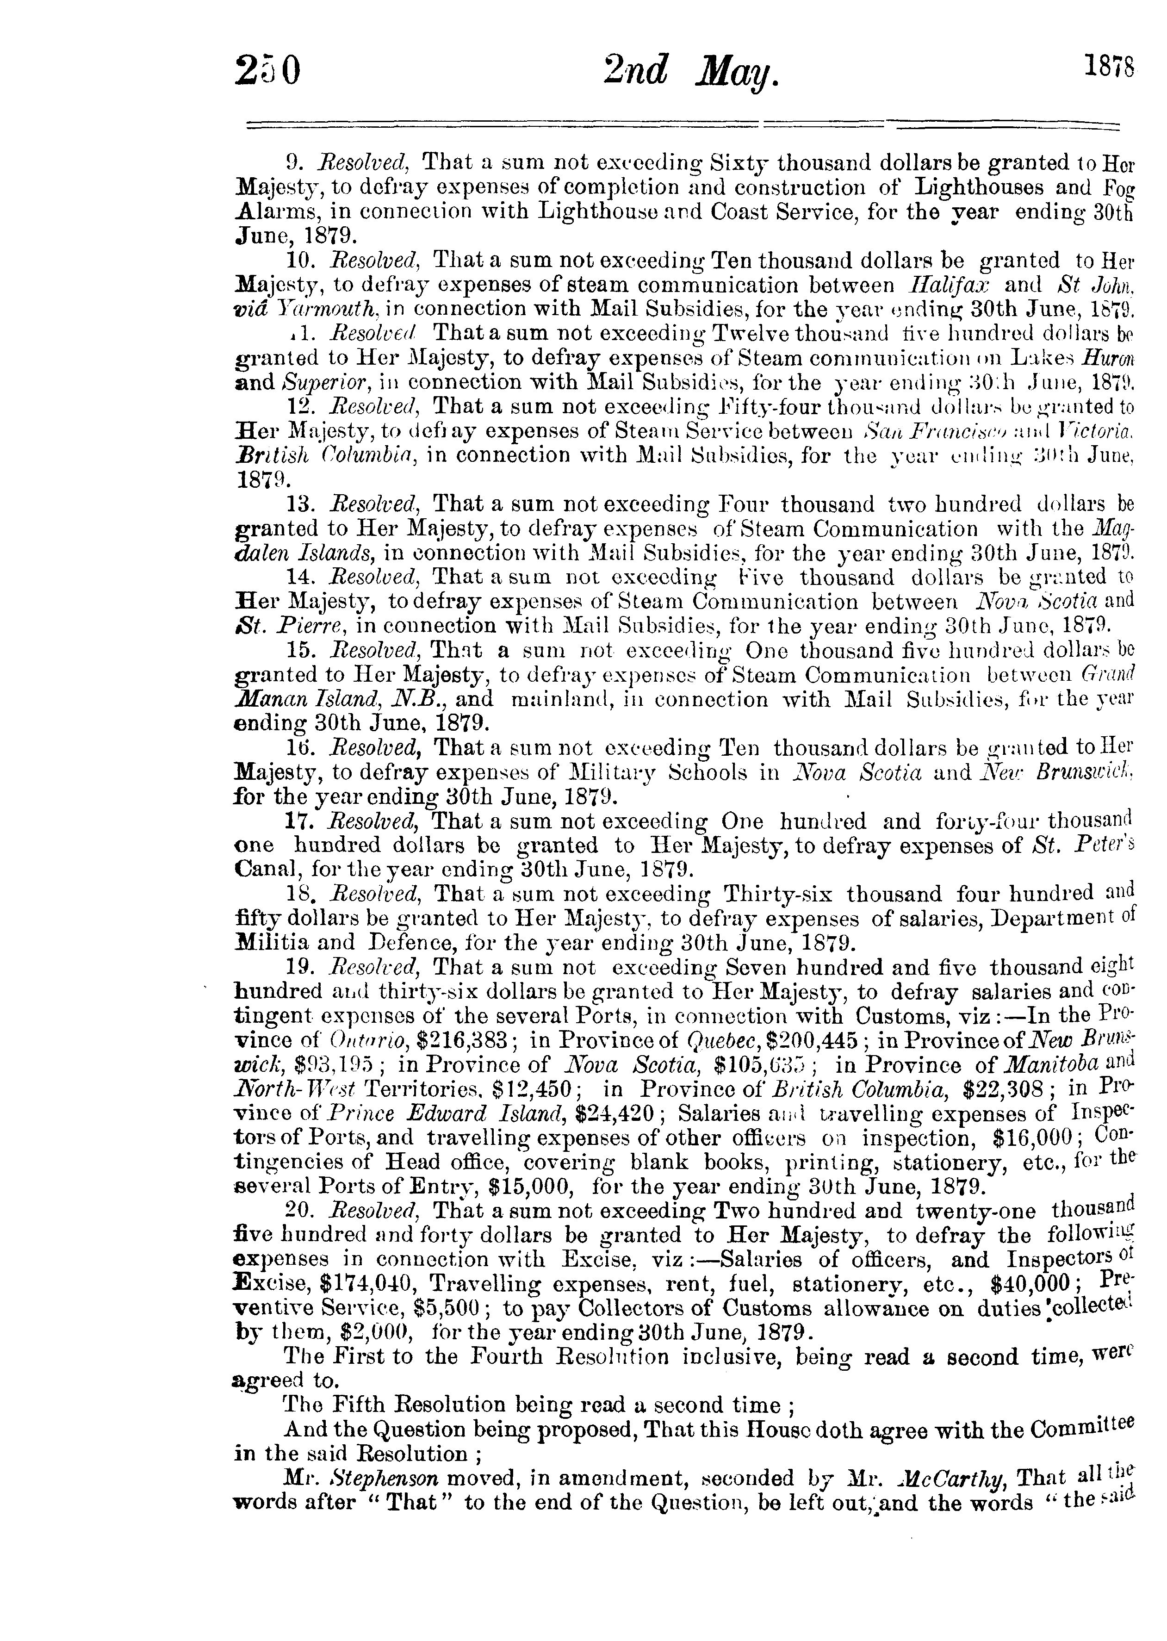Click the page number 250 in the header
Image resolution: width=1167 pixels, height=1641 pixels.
pyautogui.click(x=267, y=71)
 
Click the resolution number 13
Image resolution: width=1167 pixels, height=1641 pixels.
pyautogui.click(x=300, y=504)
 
